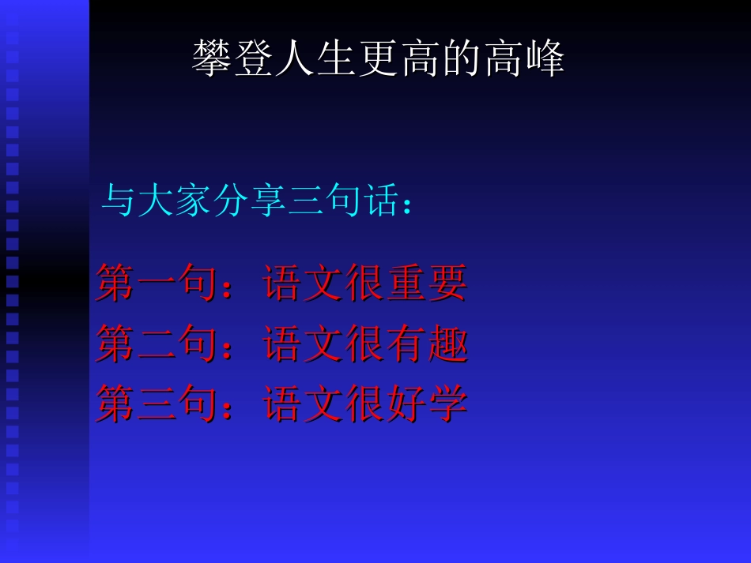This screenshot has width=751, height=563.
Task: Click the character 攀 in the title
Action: coord(212,58)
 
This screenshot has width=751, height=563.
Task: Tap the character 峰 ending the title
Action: coord(544,58)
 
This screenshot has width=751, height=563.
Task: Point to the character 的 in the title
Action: coord(461,58)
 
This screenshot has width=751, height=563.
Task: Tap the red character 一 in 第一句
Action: coord(157,283)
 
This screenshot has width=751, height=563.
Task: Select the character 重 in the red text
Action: coord(406,283)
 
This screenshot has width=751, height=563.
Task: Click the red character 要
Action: coord(447,283)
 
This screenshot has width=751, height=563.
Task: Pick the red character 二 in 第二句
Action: coord(157,344)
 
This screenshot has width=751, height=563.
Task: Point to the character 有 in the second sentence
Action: coord(406,344)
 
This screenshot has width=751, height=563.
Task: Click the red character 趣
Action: coord(447,344)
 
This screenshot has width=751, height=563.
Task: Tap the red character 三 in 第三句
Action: coord(157,403)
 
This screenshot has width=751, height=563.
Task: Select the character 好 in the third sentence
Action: coord(406,403)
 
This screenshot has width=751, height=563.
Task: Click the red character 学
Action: coord(447,403)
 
